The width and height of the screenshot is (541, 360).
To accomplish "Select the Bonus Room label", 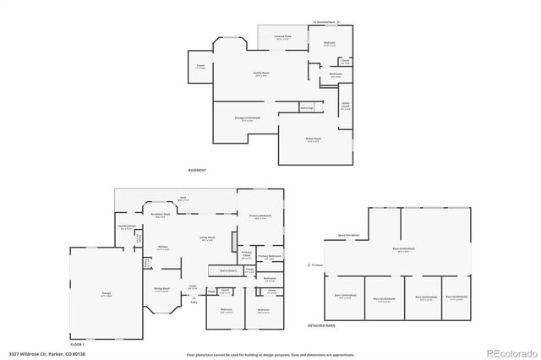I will pyautogui.click(x=314, y=139).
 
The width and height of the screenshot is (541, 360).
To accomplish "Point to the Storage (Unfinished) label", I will pyautogui.click(x=247, y=119).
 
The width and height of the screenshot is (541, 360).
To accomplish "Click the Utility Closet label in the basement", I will pyautogui.click(x=346, y=106).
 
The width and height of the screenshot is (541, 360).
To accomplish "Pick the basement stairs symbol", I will pyautogui.click(x=307, y=108).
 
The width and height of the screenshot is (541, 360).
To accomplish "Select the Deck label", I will pyautogui.click(x=183, y=199).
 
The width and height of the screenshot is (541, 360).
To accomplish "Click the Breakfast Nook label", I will pyautogui.click(x=161, y=215).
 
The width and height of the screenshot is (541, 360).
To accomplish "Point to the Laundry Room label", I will pyautogui.click(x=126, y=226).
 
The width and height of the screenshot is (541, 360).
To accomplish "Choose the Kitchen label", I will pyautogui.click(x=162, y=247).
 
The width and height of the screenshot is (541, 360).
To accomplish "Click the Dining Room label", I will pyautogui.click(x=161, y=289).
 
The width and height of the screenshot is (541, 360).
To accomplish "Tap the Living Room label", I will pyautogui.click(x=206, y=240).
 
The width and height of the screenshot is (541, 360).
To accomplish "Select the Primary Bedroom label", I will pyautogui.click(x=260, y=216).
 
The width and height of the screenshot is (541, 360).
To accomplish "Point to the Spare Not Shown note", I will pyautogui.click(x=348, y=234).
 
